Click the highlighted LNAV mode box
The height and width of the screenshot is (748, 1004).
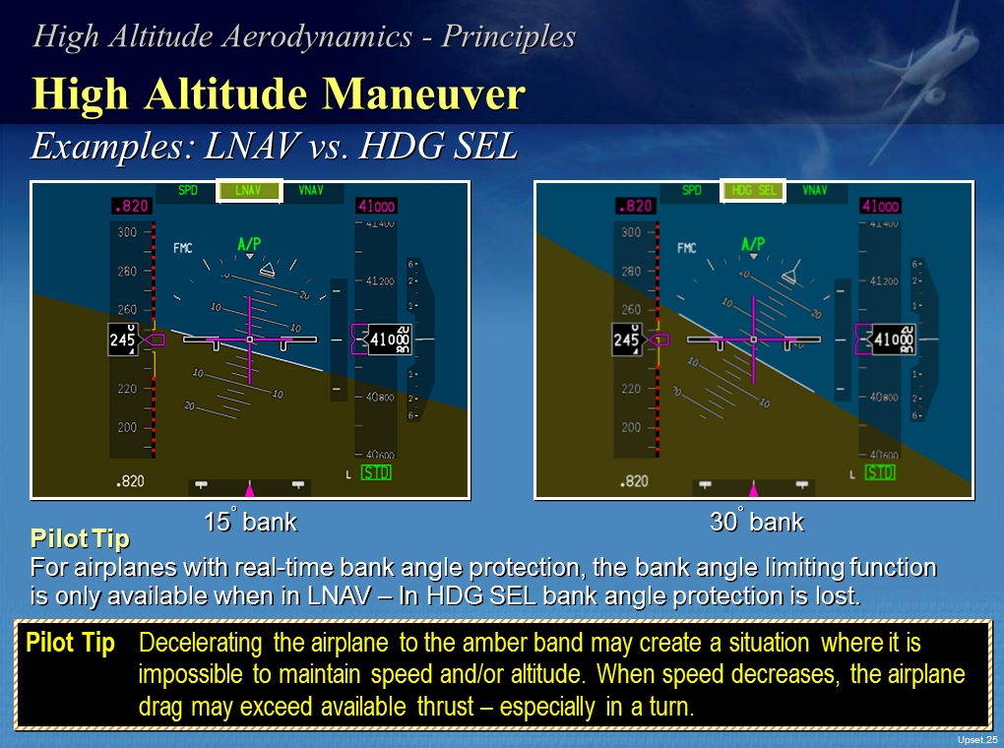(x=250, y=191)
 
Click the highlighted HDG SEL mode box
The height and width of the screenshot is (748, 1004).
(x=754, y=191)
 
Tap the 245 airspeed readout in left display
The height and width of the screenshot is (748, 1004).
(x=123, y=341)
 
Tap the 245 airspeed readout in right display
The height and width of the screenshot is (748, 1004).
(x=627, y=341)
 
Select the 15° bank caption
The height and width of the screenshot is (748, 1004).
(x=250, y=523)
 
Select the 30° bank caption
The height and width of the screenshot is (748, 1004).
(x=756, y=523)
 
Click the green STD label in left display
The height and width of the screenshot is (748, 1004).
(x=375, y=472)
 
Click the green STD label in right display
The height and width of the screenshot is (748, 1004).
(x=879, y=472)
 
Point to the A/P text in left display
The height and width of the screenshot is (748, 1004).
(x=250, y=243)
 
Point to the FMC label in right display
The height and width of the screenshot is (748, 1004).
(x=686, y=248)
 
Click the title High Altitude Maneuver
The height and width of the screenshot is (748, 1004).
(x=279, y=94)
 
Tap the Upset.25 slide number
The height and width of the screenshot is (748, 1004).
(x=976, y=739)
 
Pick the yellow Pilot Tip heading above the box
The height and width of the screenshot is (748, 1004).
(x=80, y=539)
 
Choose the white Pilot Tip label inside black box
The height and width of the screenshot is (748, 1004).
(x=70, y=644)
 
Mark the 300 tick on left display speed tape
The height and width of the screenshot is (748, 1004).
(x=128, y=232)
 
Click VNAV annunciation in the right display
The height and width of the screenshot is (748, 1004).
(x=815, y=191)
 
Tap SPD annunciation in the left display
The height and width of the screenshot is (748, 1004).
(x=189, y=191)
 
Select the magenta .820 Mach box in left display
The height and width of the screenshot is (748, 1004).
(x=131, y=207)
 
